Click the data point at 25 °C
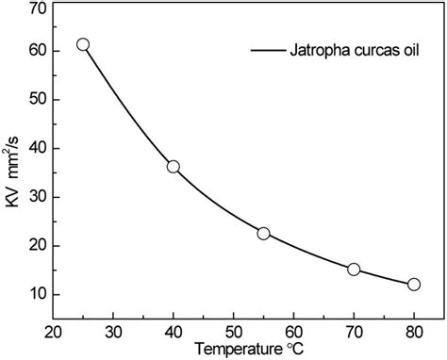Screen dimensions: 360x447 pyautogui.click(x=83, y=44)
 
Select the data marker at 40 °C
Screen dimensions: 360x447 pyautogui.click(x=174, y=167)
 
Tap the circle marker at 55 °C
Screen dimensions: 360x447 pyautogui.click(x=263, y=234)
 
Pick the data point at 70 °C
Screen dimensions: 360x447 pyautogui.click(x=354, y=270)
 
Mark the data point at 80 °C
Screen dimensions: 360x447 pyautogui.click(x=413, y=284)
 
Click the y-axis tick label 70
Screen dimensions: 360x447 pyautogui.click(x=38, y=8)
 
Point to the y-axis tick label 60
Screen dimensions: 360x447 pyautogui.click(x=38, y=51)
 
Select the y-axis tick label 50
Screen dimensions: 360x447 pyautogui.click(x=38, y=100)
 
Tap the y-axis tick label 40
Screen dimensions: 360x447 pyautogui.click(x=38, y=149)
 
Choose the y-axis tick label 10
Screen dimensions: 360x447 pyautogui.click(x=38, y=295)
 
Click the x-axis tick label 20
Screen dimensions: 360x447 pyautogui.click(x=54, y=331)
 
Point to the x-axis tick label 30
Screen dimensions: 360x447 pyautogui.click(x=113, y=331)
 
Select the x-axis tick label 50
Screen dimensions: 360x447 pyautogui.click(x=233, y=331)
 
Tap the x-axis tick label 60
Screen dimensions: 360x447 pyautogui.click(x=293, y=331)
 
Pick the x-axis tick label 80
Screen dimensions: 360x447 pyautogui.click(x=413, y=331)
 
